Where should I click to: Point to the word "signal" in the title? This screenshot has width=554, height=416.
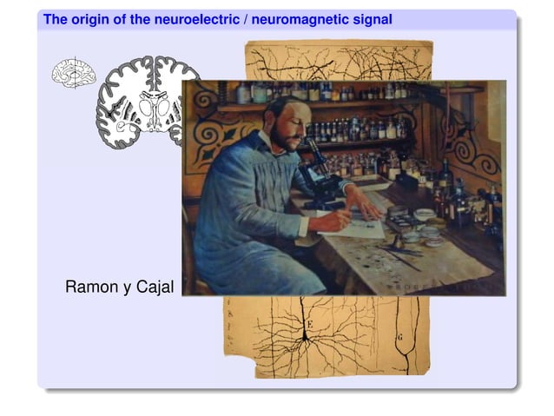pyautogui.click(x=373, y=18)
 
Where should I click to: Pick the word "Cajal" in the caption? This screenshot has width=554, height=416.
pyautogui.click(x=155, y=287)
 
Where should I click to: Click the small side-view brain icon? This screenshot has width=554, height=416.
pyautogui.click(x=74, y=73)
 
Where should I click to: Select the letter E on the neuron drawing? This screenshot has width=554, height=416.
pyautogui.click(x=307, y=326)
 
